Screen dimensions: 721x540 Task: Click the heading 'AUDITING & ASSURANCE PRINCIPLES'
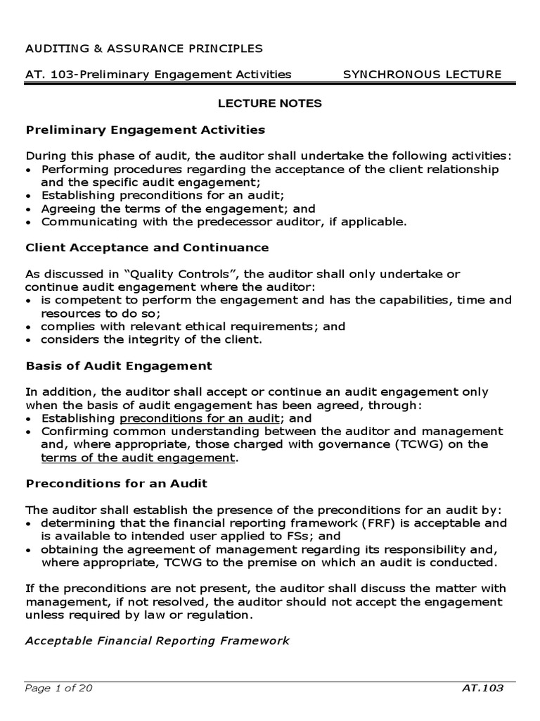(x=144, y=49)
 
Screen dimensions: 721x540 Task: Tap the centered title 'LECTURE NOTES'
(x=269, y=104)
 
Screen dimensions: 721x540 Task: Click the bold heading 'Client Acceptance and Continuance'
(x=147, y=247)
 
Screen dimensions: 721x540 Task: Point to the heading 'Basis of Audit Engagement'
(x=119, y=365)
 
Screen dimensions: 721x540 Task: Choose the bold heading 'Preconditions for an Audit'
(x=116, y=484)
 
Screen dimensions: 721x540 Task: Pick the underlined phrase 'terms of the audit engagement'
(x=139, y=458)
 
